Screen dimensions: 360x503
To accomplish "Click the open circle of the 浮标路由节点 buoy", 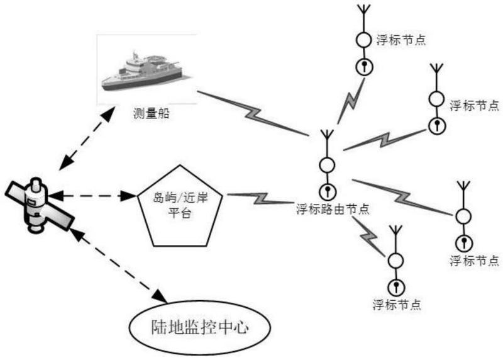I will (326, 166).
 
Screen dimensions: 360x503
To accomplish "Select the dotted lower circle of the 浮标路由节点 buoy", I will (326, 190).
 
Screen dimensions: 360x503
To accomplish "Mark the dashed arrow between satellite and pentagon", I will (94, 196).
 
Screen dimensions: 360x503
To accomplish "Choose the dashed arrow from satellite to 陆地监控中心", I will (117, 264).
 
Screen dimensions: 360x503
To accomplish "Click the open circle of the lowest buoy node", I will (395, 260).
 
